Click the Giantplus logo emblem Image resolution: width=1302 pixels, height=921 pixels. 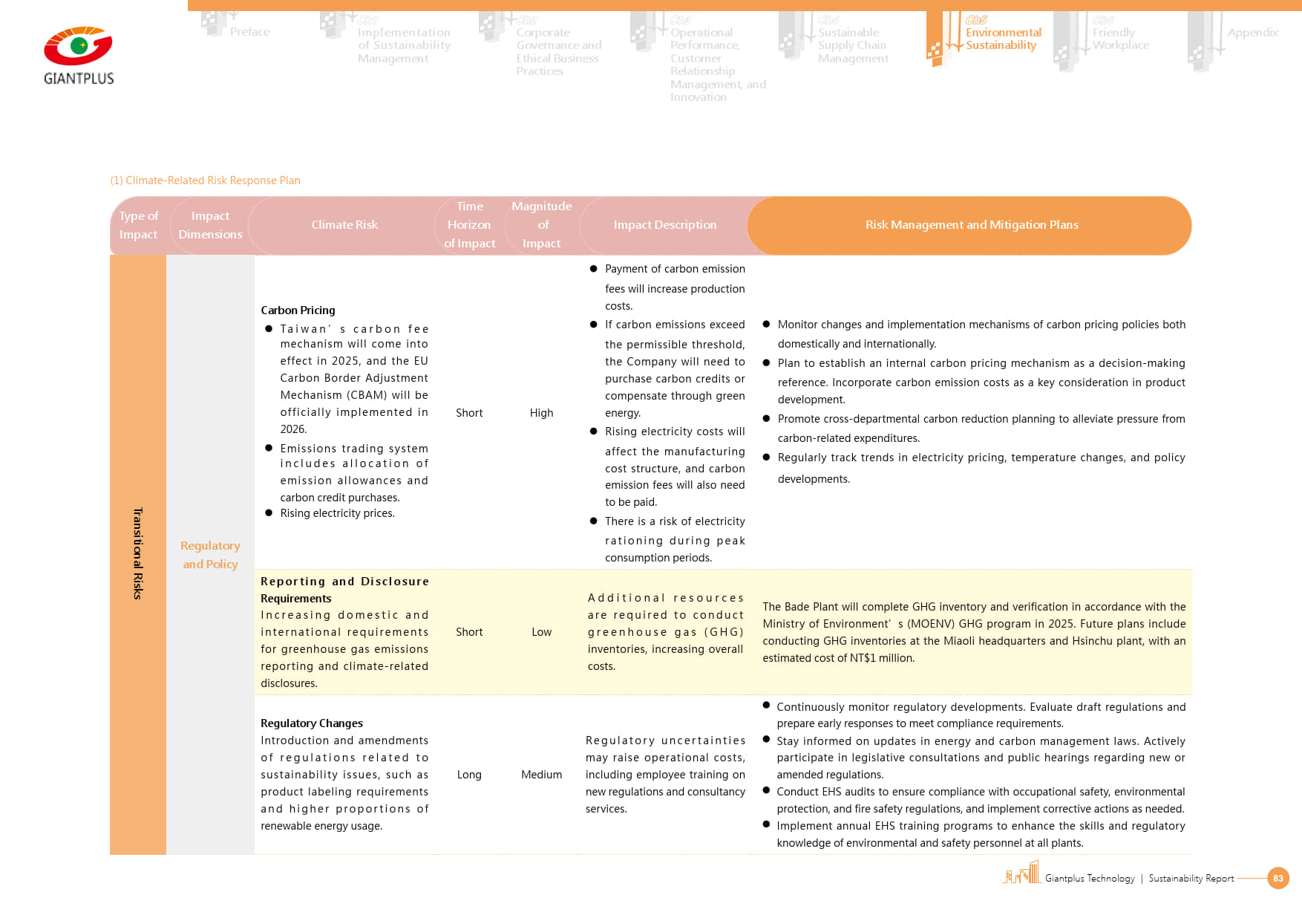(78, 47)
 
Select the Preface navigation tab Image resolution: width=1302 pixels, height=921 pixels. (249, 32)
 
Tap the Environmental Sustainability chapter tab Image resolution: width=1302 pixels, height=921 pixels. (1002, 39)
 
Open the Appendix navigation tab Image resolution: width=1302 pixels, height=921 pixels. (1252, 33)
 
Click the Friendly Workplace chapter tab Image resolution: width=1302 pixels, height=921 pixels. (1120, 39)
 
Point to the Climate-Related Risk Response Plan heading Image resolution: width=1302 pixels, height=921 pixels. (205, 180)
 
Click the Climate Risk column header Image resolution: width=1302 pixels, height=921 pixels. (344, 225)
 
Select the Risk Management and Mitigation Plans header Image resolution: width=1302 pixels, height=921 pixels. (971, 225)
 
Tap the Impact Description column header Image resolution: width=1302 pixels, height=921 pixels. (664, 225)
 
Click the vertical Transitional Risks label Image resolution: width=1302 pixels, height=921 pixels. (137, 553)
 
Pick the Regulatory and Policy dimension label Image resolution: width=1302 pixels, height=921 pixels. (210, 555)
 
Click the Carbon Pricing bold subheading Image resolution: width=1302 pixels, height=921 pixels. (298, 310)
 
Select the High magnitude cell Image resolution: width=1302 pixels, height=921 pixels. (541, 413)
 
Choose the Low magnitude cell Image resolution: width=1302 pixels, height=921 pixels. (541, 632)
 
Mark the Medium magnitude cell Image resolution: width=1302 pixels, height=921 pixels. (541, 775)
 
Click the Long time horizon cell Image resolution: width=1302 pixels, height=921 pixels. (469, 775)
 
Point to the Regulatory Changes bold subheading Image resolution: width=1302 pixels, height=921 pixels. (312, 723)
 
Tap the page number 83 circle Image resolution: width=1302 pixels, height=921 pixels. (1278, 878)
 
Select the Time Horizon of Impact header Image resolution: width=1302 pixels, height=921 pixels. (469, 225)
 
